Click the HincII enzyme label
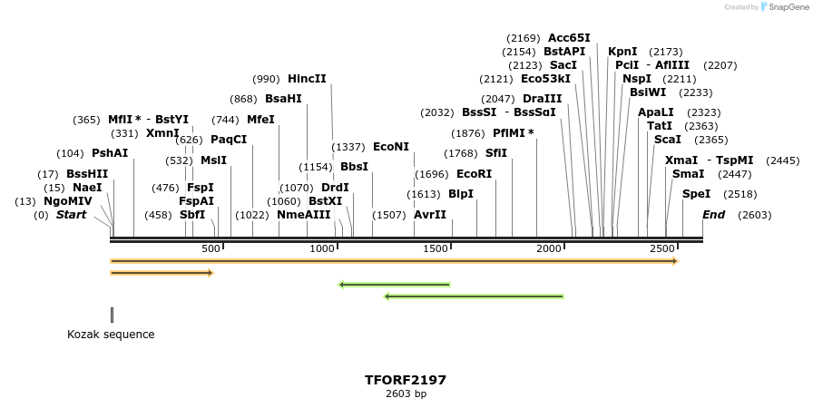(307, 79)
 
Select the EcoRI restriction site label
(474, 174)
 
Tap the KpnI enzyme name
(622, 52)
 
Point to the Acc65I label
(569, 38)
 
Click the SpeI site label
(696, 194)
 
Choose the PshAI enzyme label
(110, 153)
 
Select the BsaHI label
(283, 99)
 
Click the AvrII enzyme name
(430, 215)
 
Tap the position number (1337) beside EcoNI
(348, 147)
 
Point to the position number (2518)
(740, 194)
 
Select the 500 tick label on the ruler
(211, 248)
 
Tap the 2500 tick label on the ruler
(662, 248)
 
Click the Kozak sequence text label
(111, 335)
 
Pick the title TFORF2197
(406, 380)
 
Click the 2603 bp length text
(406, 393)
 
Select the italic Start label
(72, 215)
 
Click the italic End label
(713, 215)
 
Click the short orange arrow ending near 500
(162, 272)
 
